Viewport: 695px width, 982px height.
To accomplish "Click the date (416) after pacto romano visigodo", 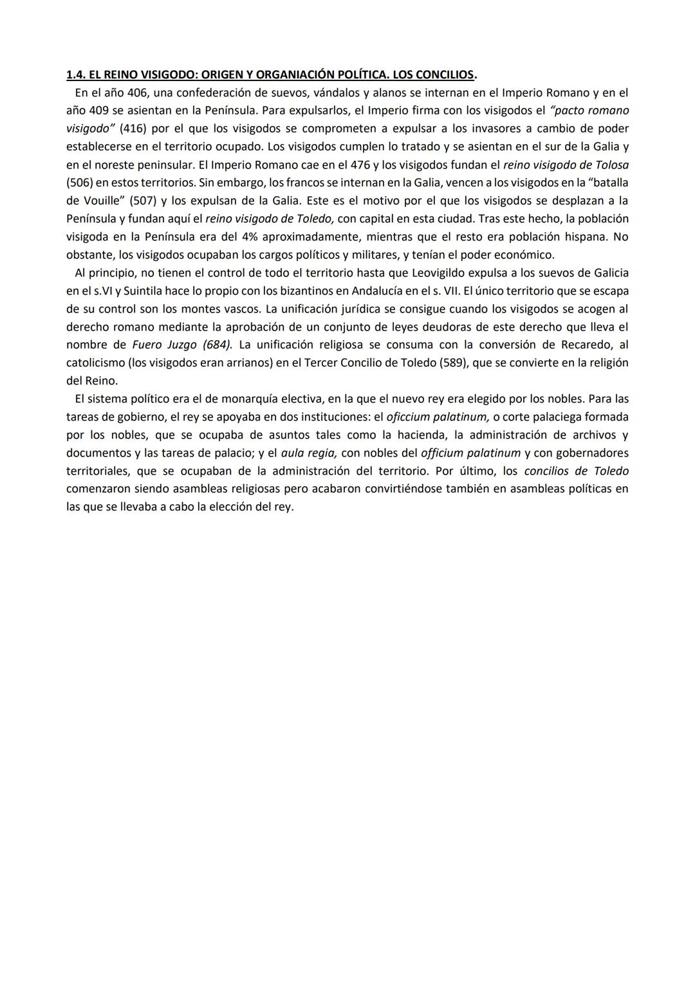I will (133, 129).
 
